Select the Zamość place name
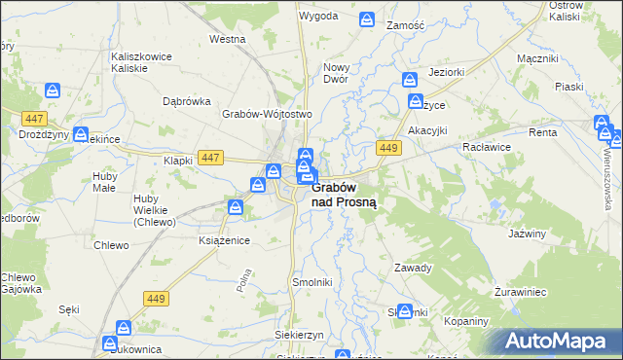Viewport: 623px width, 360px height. click(x=406, y=24)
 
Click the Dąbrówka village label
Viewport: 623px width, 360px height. click(x=188, y=100)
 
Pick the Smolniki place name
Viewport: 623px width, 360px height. click(x=312, y=281)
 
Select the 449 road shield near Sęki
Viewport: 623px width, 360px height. click(x=155, y=298)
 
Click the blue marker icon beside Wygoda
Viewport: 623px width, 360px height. click(x=367, y=18)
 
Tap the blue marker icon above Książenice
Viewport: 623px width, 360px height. click(x=236, y=205)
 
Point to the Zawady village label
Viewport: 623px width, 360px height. click(x=412, y=268)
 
